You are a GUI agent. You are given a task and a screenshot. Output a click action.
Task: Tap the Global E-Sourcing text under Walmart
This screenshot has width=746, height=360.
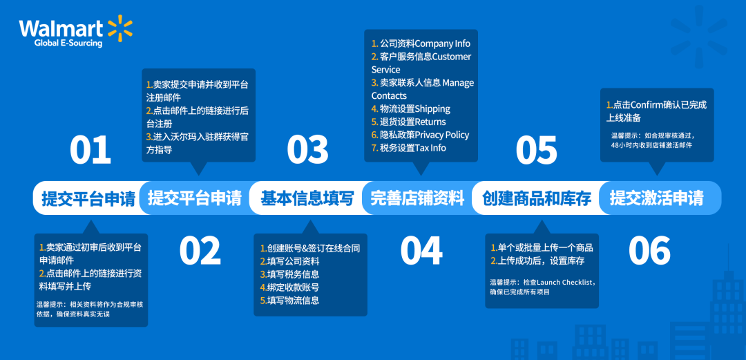(x=68, y=44)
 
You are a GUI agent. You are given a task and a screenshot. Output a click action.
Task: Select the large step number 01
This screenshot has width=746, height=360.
(x=90, y=150)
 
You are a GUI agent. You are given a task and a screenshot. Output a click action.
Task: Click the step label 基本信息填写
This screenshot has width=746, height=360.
(x=307, y=199)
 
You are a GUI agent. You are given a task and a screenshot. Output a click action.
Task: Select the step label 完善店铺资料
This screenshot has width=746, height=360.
(x=418, y=199)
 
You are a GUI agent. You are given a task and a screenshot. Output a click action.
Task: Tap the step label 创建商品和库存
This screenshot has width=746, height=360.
(x=537, y=199)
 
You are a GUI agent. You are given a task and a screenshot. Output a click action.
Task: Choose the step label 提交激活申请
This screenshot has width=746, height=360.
(x=656, y=199)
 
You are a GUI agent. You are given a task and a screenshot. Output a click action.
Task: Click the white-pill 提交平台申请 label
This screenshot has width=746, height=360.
(x=88, y=199)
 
